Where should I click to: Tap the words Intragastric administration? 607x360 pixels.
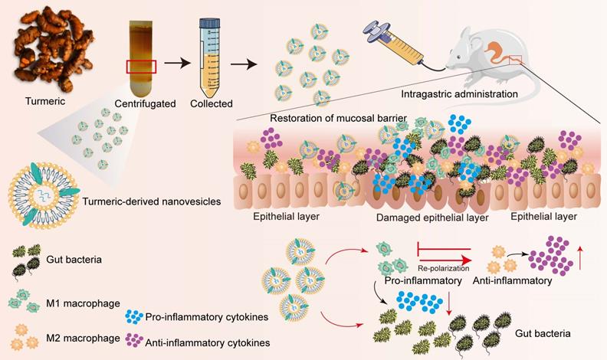(459, 94)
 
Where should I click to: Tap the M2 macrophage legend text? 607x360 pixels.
(78, 338)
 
